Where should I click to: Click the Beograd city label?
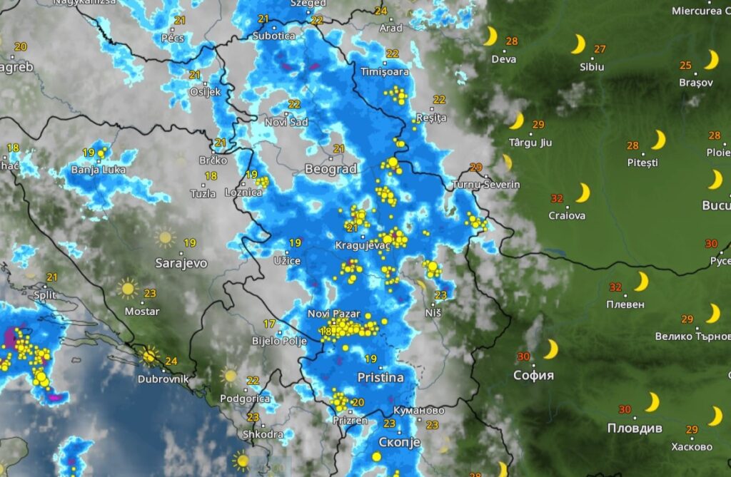(x=330, y=170)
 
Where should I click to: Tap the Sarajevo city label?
(x=181, y=263)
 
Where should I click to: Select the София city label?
(x=533, y=375)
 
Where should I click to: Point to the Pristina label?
(x=381, y=377)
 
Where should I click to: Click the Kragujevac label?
(x=363, y=246)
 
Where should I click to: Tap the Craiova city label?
(x=567, y=215)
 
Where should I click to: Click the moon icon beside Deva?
(x=490, y=36)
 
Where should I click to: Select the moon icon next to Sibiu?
(x=578, y=45)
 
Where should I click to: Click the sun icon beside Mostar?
(x=128, y=289)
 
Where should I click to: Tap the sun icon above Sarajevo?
(x=166, y=237)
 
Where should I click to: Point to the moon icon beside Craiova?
(x=583, y=193)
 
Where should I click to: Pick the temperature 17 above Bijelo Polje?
(x=269, y=324)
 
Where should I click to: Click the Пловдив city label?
(x=634, y=429)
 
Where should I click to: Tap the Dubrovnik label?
(x=165, y=379)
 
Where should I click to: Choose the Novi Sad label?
(x=286, y=122)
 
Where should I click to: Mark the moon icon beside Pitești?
(x=658, y=140)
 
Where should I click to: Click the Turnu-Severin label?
(x=486, y=185)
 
